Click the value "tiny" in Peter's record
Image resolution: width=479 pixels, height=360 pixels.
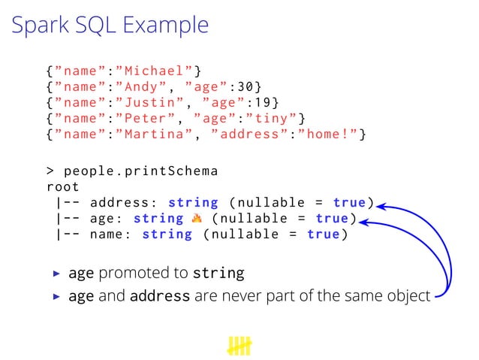coord(276,119)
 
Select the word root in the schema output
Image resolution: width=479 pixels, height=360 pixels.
coord(63,186)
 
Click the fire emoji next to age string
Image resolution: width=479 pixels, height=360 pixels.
coord(197,218)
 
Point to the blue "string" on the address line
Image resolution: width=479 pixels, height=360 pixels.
coord(193,202)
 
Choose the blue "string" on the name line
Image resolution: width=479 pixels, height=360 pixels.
coord(167,234)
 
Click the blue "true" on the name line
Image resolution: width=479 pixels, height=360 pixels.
coord(324,234)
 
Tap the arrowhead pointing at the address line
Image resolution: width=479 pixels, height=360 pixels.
coord(381,204)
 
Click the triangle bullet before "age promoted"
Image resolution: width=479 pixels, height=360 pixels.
coord(55,273)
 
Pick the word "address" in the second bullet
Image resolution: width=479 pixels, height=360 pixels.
coord(159,296)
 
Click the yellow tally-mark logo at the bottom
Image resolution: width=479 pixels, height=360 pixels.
coord(239,346)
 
